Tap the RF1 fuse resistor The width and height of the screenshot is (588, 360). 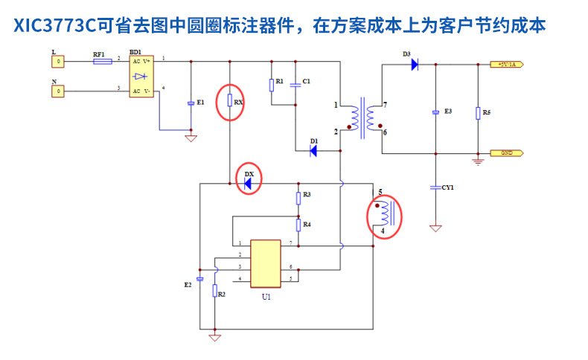click(103, 62)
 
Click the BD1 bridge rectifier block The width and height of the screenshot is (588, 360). click(141, 76)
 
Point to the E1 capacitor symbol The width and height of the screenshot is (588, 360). click(191, 103)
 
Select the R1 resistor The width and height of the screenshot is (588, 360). click(272, 83)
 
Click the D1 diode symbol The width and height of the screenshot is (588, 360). click(313, 151)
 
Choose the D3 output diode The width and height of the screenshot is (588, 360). click(414, 65)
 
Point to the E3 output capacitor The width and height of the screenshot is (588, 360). click(436, 112)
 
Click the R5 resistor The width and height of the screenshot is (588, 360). click(478, 113)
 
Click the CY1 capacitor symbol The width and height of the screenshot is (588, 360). click(436, 188)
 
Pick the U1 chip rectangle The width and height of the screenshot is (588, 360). click(266, 263)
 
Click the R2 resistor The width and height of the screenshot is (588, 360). click(215, 291)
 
